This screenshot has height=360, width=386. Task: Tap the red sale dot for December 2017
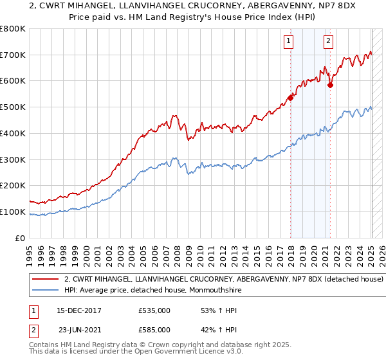290,98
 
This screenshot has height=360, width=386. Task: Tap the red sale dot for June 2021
330,85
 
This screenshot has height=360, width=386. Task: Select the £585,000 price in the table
154,330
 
